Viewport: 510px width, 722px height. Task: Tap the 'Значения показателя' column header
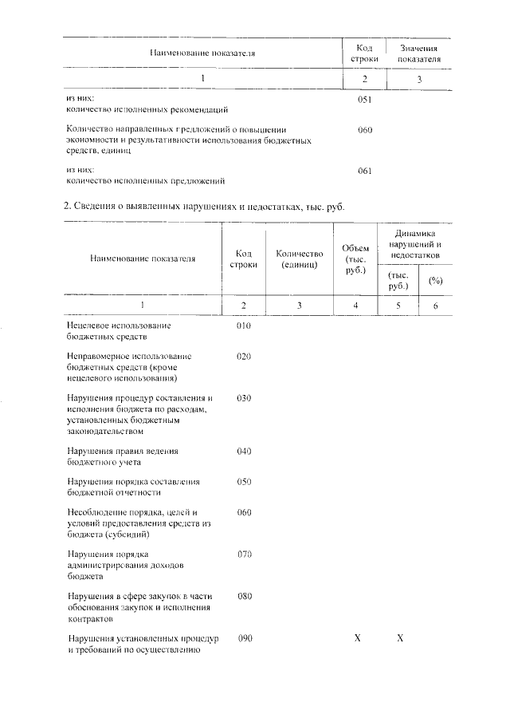418,54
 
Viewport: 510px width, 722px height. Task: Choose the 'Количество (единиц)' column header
299,258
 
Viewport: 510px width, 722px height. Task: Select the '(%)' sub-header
435,281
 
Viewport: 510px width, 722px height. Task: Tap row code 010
244,325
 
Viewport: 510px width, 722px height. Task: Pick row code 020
244,356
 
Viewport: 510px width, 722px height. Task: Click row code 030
244,397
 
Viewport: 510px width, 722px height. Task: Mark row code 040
244,452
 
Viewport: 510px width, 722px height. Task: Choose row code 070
244,553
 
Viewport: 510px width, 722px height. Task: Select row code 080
244,595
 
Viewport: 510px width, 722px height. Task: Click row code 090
245,639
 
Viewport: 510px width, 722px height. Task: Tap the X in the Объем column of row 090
357,639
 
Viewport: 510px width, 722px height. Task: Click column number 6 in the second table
435,306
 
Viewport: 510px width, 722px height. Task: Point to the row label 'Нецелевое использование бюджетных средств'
120,331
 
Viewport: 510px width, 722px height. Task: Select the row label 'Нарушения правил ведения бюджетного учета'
123,456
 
